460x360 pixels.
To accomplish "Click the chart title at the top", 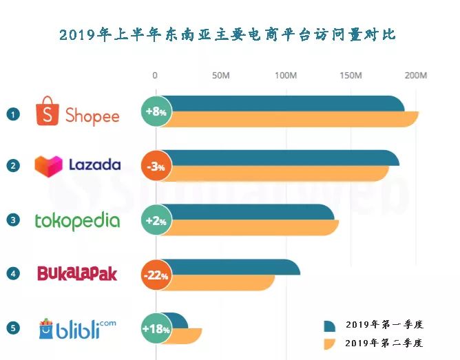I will [x=228, y=34].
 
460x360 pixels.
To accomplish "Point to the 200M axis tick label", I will [x=415, y=75].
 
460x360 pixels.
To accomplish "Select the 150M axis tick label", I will [x=351, y=75].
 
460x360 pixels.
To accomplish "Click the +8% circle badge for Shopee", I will [x=155, y=111].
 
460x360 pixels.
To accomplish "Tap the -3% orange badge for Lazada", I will [x=155, y=166].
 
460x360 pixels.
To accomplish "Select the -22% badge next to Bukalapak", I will [x=155, y=275].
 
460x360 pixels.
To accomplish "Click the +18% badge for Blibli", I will [x=155, y=329].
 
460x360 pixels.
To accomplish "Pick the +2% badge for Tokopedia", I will [x=155, y=220].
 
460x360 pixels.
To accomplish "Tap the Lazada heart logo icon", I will [x=48, y=165].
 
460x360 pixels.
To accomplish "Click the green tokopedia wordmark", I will [x=77, y=221].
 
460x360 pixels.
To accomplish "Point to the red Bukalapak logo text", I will [x=76, y=274].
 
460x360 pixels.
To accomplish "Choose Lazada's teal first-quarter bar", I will [x=282, y=158].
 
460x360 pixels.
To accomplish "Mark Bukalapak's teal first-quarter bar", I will [x=234, y=267].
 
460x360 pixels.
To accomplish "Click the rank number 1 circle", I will [x=12, y=114].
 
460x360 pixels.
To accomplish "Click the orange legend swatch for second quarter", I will [x=329, y=342].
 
